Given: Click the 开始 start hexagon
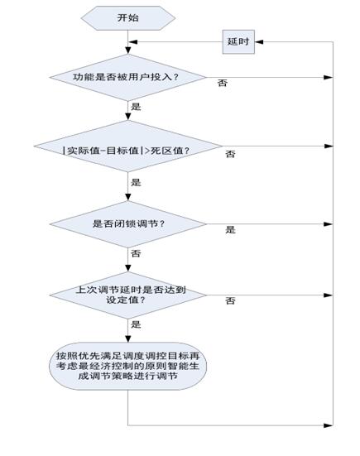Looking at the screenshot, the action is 128,17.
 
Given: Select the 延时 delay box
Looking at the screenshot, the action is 238,42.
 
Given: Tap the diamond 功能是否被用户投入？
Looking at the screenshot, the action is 128,77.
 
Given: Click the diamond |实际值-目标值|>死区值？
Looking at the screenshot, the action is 128,146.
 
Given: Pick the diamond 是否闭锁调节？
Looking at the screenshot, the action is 128,224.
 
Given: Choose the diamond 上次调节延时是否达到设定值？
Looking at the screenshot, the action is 128,295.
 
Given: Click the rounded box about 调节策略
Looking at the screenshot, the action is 128,366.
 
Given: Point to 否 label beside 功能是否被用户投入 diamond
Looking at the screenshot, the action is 223,84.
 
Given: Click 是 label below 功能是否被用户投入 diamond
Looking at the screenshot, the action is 136,107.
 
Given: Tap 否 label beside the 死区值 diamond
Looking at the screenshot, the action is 230,154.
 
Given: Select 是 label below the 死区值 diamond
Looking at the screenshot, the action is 136,182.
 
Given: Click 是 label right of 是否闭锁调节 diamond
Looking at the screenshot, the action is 230,230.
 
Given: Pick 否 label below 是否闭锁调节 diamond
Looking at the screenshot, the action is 136,253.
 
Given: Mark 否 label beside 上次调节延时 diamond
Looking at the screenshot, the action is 230,300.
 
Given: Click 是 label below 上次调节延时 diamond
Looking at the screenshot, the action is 136,324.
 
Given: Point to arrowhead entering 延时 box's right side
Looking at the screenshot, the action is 259,42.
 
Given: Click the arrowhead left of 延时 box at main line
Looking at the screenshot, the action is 133,42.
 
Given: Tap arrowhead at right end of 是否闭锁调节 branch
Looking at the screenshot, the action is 329,224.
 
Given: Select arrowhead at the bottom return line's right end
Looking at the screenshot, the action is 329,425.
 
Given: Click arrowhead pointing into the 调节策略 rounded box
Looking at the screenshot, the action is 128,338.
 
